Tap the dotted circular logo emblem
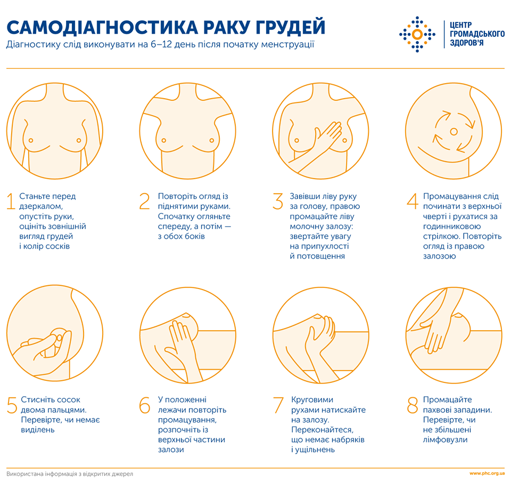(x=417, y=34)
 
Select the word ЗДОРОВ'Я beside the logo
(x=467, y=43)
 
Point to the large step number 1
(x=11, y=201)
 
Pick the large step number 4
(x=413, y=201)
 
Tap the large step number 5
(x=12, y=405)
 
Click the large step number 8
(x=413, y=405)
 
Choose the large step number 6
(x=145, y=405)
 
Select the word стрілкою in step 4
(x=440, y=236)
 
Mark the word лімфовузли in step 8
(x=446, y=439)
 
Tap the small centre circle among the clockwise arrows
(x=454, y=131)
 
